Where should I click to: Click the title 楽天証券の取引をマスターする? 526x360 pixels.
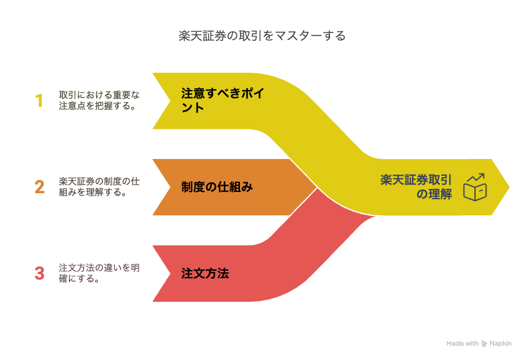tap(262, 36)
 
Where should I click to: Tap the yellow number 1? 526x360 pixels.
tap(39, 101)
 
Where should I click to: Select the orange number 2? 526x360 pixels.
tap(40, 187)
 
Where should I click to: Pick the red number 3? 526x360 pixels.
tap(40, 273)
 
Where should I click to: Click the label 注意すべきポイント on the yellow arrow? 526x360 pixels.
tap(223, 100)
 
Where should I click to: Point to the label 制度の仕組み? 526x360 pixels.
tap(217, 187)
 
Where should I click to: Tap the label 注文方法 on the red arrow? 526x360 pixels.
tap(205, 274)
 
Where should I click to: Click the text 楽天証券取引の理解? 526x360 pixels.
tap(416, 187)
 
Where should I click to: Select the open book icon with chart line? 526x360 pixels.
tap(474, 187)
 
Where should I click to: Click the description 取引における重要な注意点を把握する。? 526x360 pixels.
tap(99, 100)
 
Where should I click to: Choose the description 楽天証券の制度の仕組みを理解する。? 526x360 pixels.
tap(99, 187)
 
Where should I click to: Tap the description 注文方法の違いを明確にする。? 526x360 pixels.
tap(99, 273)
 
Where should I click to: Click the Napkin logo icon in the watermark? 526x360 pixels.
tap(484, 344)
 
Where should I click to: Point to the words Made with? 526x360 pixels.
tap(462, 343)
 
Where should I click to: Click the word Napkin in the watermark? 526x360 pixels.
tap(500, 344)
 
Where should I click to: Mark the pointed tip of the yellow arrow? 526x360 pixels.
tap(509, 187)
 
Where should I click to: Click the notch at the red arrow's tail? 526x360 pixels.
tap(170, 274)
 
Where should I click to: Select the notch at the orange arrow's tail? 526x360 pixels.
tap(170, 187)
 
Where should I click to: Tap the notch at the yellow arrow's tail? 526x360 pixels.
tap(170, 101)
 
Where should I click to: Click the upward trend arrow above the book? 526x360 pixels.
tap(476, 178)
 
